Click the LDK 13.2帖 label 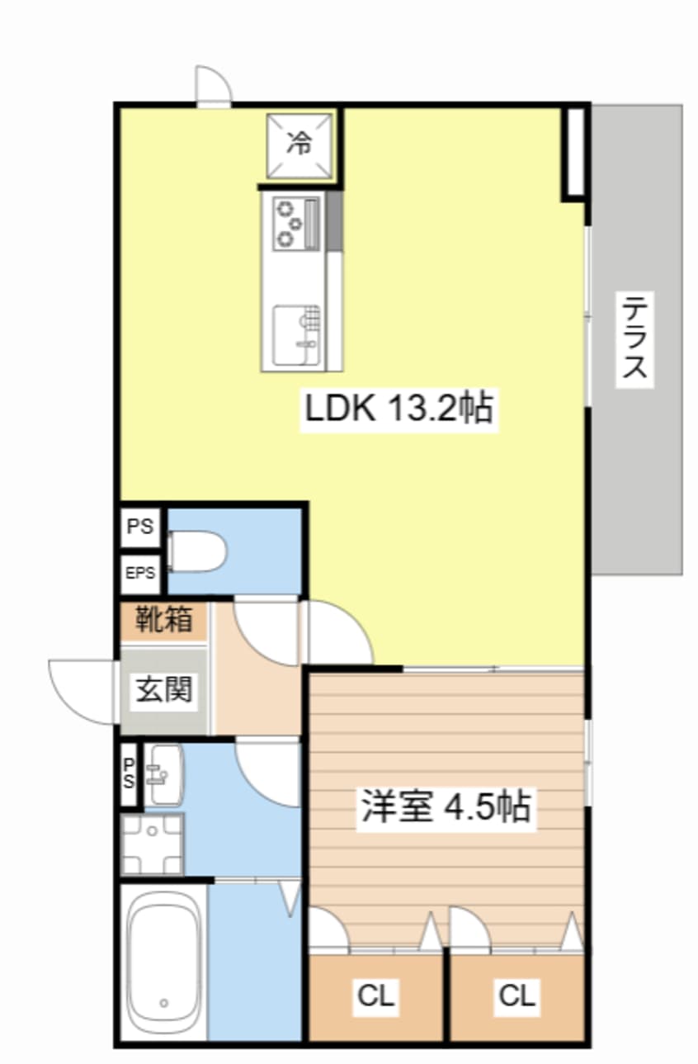[x=399, y=407]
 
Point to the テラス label [x=635, y=339]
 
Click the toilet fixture [x=197, y=551]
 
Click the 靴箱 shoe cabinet [x=164, y=619]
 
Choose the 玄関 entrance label [x=164, y=688]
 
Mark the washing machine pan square [x=152, y=844]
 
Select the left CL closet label [x=376, y=996]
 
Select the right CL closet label [x=517, y=996]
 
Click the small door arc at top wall [x=213, y=85]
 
